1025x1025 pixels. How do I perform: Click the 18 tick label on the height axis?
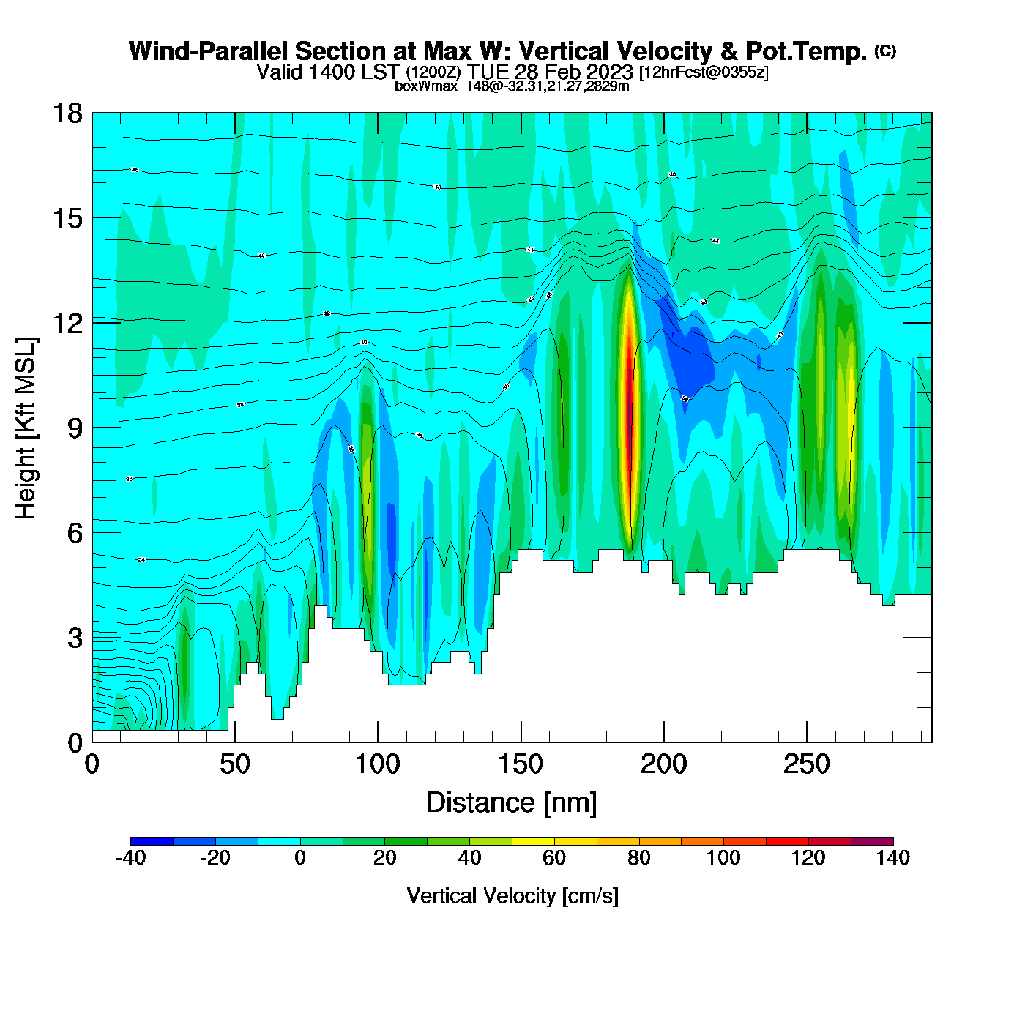click(x=67, y=113)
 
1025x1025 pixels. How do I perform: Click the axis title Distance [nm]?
click(x=512, y=802)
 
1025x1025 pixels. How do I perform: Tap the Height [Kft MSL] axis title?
click(x=26, y=428)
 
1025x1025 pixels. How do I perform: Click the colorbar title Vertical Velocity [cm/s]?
click(x=512, y=895)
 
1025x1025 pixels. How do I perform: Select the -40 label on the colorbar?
click(x=130, y=858)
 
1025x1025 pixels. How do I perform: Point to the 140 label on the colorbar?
click(x=892, y=858)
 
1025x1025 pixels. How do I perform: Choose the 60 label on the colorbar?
click(x=554, y=858)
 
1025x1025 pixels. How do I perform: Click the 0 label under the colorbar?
click(x=300, y=858)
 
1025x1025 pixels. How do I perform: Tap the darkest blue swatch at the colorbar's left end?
click(x=152, y=840)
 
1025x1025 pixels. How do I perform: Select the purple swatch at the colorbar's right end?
click(x=872, y=840)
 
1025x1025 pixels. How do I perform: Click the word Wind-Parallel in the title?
click(x=209, y=51)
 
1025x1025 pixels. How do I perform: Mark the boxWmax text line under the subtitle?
click(x=512, y=86)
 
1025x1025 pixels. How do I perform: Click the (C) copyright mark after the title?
click(x=885, y=51)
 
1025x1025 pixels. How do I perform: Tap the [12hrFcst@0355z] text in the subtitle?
click(x=704, y=72)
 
